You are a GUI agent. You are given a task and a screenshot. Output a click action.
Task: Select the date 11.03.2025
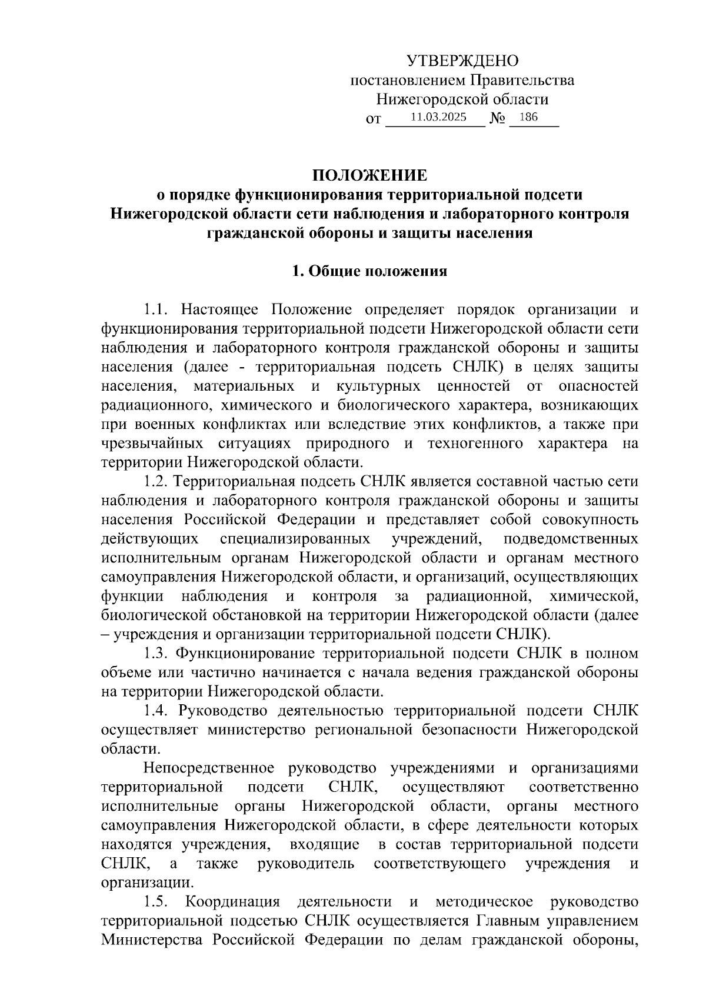tap(438, 117)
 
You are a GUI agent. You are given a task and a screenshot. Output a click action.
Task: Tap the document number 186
tap(528, 117)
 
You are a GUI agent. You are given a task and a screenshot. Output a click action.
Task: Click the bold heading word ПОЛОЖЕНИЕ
tap(369, 175)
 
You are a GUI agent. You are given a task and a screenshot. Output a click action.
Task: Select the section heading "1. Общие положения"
tap(369, 271)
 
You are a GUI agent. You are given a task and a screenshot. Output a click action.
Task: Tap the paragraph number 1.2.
tap(157, 481)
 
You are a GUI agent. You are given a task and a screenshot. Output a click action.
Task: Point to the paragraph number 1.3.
tap(157, 653)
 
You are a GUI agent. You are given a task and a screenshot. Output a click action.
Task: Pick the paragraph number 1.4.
tap(157, 711)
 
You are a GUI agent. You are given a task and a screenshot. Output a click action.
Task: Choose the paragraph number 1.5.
tap(157, 901)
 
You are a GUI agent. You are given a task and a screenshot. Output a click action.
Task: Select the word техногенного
tap(475, 444)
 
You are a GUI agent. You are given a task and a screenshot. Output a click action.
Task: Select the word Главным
tap(504, 921)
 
